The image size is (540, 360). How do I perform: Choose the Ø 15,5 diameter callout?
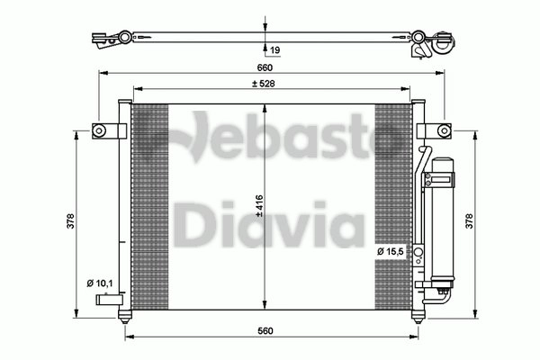coord(391,251)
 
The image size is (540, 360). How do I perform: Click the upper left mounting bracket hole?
coord(99,132)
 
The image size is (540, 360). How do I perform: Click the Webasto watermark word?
coord(270,139)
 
